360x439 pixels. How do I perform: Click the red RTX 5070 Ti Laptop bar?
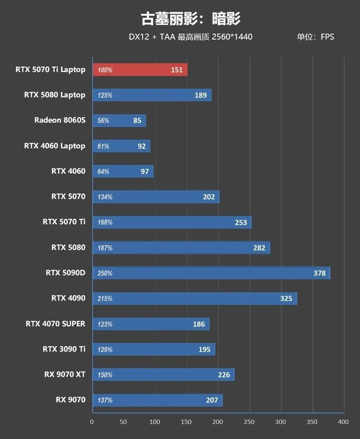[139, 70]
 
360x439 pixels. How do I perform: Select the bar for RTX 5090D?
[211, 273]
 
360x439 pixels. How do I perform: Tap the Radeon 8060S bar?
[119, 121]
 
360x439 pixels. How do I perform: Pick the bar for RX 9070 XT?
[163, 375]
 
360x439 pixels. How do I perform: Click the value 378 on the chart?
[319, 273]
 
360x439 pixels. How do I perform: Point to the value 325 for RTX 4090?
[286, 299]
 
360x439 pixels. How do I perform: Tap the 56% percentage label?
[103, 121]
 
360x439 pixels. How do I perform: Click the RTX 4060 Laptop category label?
[54, 146]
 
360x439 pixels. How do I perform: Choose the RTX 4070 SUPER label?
[55, 324]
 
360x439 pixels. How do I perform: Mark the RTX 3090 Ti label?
[64, 349]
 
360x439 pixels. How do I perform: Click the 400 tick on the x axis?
[343, 422]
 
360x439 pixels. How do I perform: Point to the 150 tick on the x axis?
[186, 422]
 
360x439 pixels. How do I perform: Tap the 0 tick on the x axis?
[92, 422]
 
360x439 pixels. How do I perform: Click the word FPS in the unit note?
[327, 37]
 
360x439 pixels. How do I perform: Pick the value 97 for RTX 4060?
[144, 172]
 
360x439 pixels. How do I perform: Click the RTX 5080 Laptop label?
[54, 95]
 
